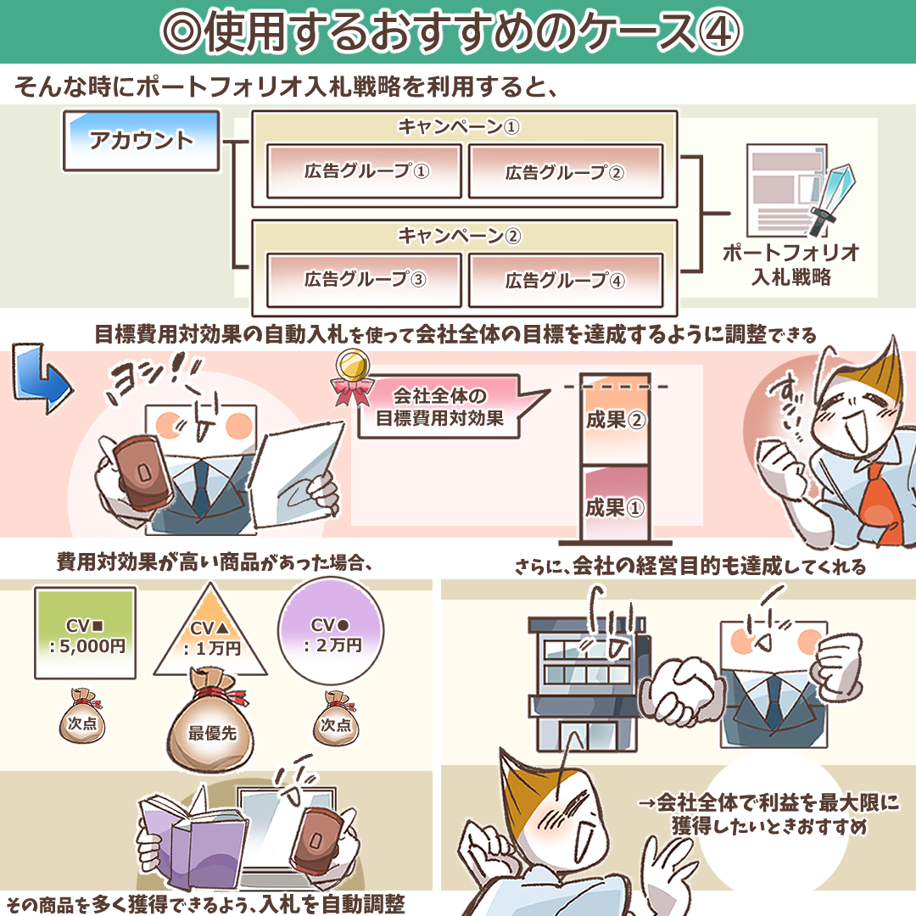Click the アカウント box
[142, 141]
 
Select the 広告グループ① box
[364, 171]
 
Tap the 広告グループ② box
[566, 171]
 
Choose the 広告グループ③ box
[364, 280]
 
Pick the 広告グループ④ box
[566, 281]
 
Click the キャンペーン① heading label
[459, 126]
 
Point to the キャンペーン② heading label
[459, 236]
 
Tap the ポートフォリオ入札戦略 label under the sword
[791, 265]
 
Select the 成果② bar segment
[615, 420]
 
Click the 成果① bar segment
[615, 503]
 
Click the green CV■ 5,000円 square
[86, 633]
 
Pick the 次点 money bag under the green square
[82, 717]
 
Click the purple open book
[193, 836]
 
